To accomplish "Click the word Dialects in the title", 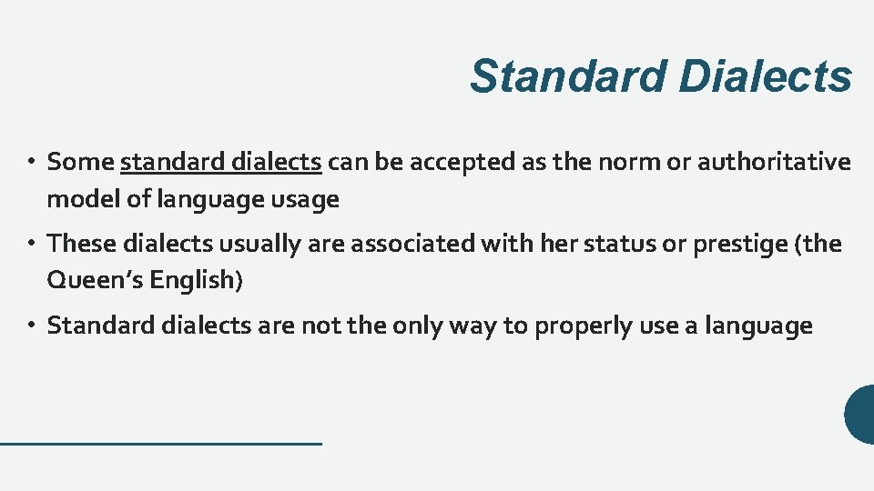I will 765,76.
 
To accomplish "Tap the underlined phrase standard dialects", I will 221,163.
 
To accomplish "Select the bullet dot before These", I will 30,245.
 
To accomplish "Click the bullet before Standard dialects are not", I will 30,326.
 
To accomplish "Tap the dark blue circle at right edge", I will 860,415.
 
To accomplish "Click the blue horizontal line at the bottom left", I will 161,443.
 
